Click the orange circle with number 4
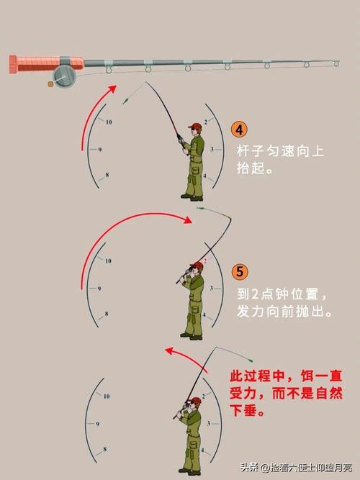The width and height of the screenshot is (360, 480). tap(240, 130)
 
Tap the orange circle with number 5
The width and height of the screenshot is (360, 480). tap(240, 273)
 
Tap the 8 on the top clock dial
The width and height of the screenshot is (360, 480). tap(107, 175)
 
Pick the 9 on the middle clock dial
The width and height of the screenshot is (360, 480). tap(98, 288)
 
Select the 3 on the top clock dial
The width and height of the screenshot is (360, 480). tap(212, 149)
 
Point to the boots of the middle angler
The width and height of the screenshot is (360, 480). tap(192, 335)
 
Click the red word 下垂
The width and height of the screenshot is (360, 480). tap(245, 412)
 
